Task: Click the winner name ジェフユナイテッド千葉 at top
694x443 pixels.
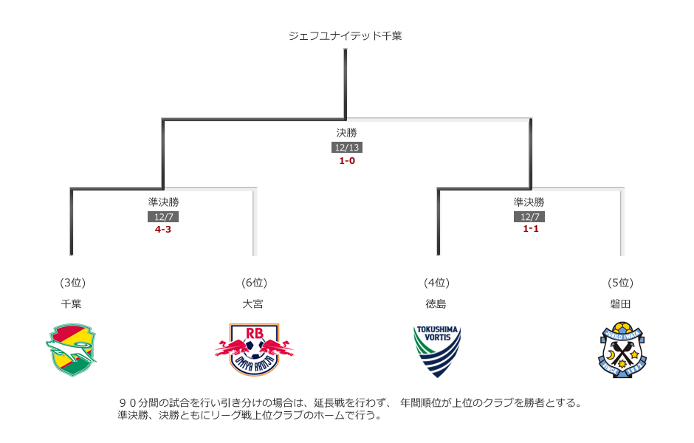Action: (x=346, y=35)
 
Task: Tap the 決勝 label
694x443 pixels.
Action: (x=346, y=133)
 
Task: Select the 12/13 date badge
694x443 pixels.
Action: (x=346, y=148)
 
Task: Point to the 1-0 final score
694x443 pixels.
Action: (x=346, y=160)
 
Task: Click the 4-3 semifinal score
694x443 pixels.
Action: (x=163, y=230)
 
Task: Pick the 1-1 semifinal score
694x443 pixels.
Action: (x=529, y=229)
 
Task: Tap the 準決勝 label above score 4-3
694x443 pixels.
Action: (x=163, y=202)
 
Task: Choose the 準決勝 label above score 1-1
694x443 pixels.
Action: (x=529, y=202)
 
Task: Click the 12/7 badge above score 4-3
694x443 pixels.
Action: (x=163, y=217)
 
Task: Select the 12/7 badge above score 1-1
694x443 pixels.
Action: (x=529, y=217)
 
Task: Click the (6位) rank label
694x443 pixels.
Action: (x=253, y=282)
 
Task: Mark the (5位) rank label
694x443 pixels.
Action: (x=620, y=282)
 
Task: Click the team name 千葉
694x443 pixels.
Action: (x=72, y=303)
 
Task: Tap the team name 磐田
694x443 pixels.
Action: (x=620, y=303)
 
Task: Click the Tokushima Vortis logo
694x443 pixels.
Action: (x=436, y=351)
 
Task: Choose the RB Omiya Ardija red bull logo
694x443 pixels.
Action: (x=253, y=349)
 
